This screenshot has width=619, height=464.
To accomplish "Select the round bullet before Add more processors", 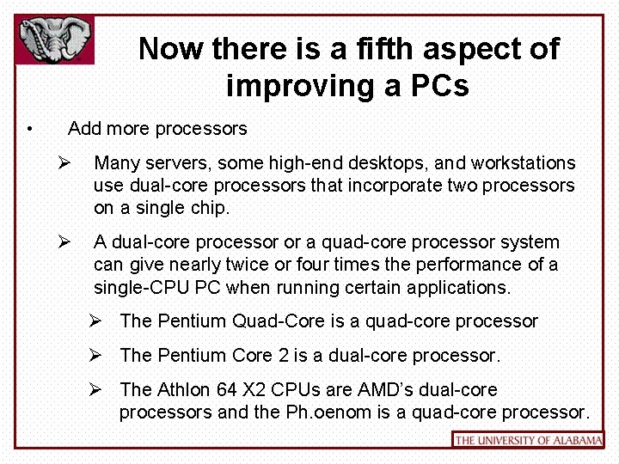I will tap(30, 130).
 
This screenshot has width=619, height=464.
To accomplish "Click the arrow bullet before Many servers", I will tap(64, 162).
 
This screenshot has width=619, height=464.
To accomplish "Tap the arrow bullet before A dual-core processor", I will tap(64, 241).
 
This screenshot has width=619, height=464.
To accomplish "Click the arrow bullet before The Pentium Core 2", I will tap(96, 355).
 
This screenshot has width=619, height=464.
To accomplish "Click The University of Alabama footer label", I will tap(528, 440).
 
